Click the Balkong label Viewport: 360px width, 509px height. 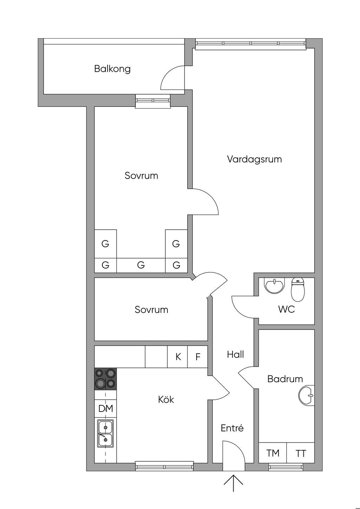112,69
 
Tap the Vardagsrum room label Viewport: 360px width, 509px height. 254,159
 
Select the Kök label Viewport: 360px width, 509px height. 166,399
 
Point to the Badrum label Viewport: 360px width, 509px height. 285,379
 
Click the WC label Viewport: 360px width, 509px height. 287,309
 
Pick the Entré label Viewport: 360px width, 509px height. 232,428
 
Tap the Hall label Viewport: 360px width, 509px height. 236,354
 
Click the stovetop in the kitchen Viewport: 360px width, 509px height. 105,379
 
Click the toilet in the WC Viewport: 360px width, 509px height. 297,289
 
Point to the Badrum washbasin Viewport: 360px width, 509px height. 307,395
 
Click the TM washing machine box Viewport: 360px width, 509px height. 273,453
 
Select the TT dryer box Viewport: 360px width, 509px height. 301,453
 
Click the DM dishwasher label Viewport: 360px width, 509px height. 105,408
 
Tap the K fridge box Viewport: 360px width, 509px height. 178,357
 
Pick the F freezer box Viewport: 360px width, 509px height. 198,357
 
